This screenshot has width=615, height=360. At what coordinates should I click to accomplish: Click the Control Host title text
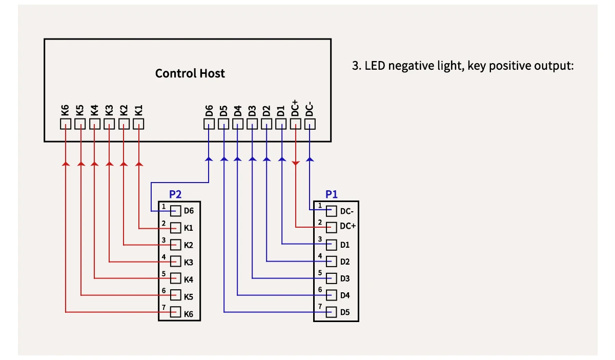(x=190, y=73)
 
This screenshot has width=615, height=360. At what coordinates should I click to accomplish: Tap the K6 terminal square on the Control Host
(x=65, y=124)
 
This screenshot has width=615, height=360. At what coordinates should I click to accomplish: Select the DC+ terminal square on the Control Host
(x=295, y=124)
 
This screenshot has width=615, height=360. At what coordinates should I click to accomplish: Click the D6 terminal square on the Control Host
(x=209, y=124)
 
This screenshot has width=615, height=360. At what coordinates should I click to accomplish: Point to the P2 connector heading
(x=175, y=195)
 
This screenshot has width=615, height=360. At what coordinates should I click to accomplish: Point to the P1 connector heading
(x=332, y=195)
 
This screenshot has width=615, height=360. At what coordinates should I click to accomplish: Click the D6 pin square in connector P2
(x=176, y=211)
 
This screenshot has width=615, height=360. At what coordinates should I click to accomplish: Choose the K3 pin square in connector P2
(x=176, y=262)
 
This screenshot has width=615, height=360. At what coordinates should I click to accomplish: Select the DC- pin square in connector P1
(x=332, y=211)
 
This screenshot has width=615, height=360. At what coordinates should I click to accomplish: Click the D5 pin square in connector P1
(x=332, y=312)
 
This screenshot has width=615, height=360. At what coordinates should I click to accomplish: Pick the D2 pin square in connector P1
(x=332, y=262)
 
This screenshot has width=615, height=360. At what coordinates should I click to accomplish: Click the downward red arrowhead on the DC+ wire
(x=295, y=163)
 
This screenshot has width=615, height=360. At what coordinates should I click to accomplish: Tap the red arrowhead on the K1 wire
(x=138, y=164)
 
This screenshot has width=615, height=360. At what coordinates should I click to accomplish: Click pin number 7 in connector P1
(x=320, y=306)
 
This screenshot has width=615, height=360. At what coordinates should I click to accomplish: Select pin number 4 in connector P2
(x=163, y=256)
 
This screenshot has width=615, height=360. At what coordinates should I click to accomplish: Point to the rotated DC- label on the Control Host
(x=309, y=109)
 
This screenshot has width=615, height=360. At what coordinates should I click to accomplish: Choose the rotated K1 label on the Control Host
(x=138, y=110)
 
